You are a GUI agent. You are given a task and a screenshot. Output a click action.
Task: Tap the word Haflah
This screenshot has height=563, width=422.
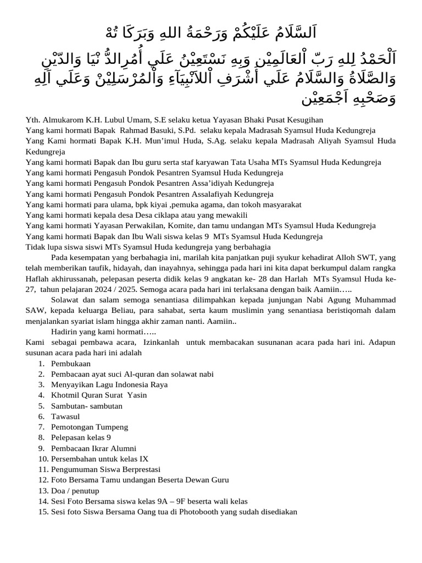[x=38, y=279]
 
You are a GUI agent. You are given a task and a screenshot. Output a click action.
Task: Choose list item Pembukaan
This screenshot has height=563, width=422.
[x=71, y=364]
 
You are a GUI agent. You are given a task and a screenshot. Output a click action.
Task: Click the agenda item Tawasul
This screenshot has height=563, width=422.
[x=65, y=417]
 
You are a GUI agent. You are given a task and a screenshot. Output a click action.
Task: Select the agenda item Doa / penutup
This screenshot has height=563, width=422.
[x=75, y=490]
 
